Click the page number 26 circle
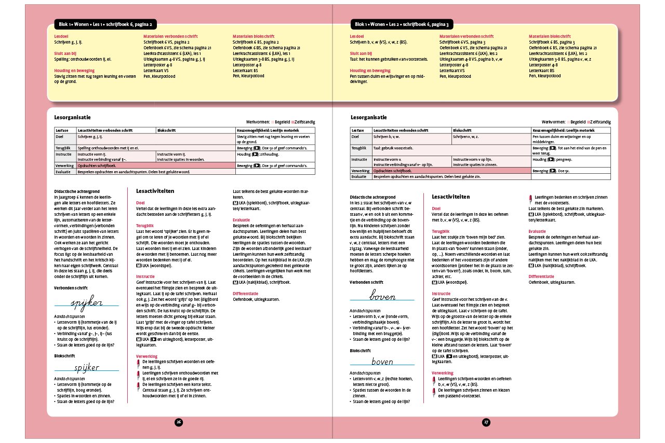click(178, 422)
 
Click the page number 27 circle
click(486, 422)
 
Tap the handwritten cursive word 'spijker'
click(87, 302)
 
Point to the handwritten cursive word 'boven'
click(382, 297)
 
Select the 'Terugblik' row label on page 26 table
click(63, 148)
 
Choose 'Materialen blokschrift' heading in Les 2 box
click(549, 37)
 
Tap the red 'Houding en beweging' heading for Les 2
click(370, 70)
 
